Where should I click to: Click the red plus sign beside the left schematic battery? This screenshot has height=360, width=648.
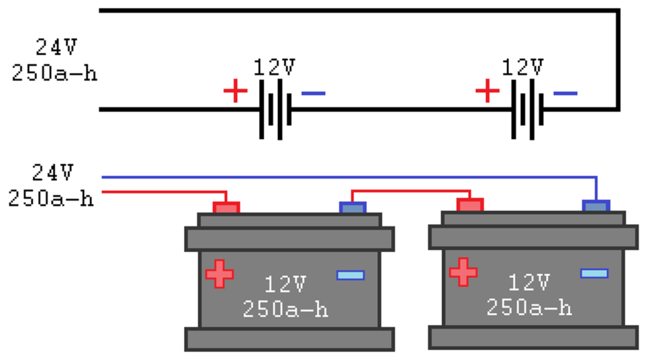[235, 92]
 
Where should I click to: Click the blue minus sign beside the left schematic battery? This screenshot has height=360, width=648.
[313, 94]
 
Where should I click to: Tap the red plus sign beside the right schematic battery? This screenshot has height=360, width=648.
[487, 92]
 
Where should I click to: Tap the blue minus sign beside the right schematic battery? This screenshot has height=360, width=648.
[565, 94]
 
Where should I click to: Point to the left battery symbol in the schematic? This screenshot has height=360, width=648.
[275, 109]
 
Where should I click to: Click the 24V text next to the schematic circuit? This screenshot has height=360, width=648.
[55, 46]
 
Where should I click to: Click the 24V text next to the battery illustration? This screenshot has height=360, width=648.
[53, 171]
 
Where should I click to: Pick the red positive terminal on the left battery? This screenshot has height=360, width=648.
[226, 207]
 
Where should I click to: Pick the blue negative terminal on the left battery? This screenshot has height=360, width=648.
[352, 207]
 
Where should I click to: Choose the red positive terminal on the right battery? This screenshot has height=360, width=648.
[470, 204]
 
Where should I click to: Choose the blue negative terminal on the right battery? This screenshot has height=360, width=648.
[595, 205]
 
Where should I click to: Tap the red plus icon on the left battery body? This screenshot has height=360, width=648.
[220, 274]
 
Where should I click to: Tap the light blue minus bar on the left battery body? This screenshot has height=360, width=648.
[351, 275]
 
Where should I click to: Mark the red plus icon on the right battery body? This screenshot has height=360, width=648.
[463, 271]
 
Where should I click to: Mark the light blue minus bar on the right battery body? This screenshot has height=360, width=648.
[594, 273]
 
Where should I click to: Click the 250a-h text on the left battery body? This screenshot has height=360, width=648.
[285, 309]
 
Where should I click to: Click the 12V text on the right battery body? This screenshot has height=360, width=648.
[529, 282]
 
